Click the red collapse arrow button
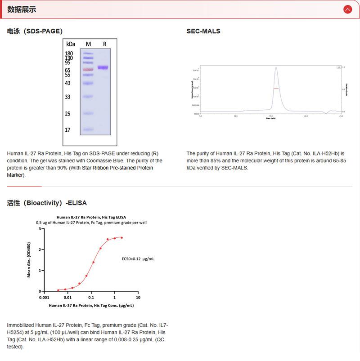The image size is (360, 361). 347,9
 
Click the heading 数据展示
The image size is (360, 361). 22,9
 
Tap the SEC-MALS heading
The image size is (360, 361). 203,31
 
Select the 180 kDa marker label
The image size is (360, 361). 69,53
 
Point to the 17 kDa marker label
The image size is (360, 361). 68,130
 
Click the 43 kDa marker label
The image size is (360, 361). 68,83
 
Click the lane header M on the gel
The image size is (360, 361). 88,44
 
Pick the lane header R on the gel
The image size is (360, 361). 104,44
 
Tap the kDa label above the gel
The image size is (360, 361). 70,44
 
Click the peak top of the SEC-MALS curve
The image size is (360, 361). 276,68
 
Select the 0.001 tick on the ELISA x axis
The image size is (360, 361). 44,298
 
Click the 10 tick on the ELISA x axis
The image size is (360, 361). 138,298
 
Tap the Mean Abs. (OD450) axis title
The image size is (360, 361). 29,260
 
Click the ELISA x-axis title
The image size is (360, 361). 91,306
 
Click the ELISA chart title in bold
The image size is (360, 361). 91,217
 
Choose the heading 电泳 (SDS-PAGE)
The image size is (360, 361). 35,31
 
